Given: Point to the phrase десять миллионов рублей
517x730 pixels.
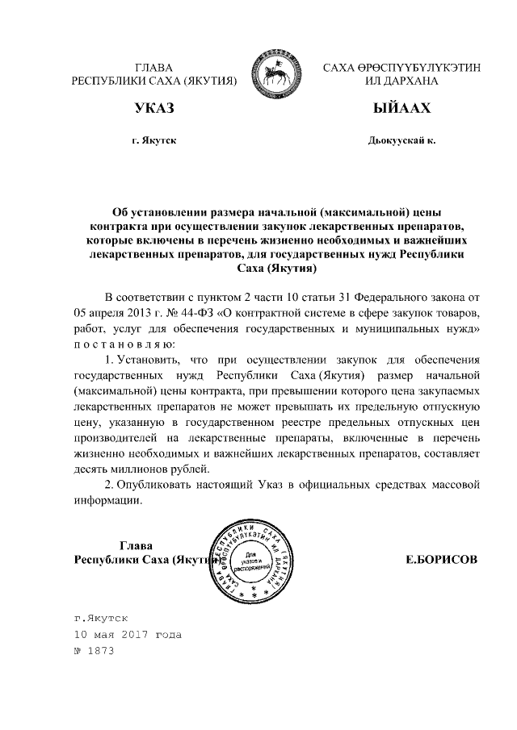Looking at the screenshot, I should tap(141, 469).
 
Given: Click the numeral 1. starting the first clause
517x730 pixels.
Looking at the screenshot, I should tap(111, 359).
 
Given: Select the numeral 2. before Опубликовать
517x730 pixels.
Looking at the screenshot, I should tap(111, 485).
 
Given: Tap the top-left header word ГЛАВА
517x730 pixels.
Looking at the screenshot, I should tap(153, 67).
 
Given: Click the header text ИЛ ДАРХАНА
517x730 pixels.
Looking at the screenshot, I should tap(401, 81).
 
